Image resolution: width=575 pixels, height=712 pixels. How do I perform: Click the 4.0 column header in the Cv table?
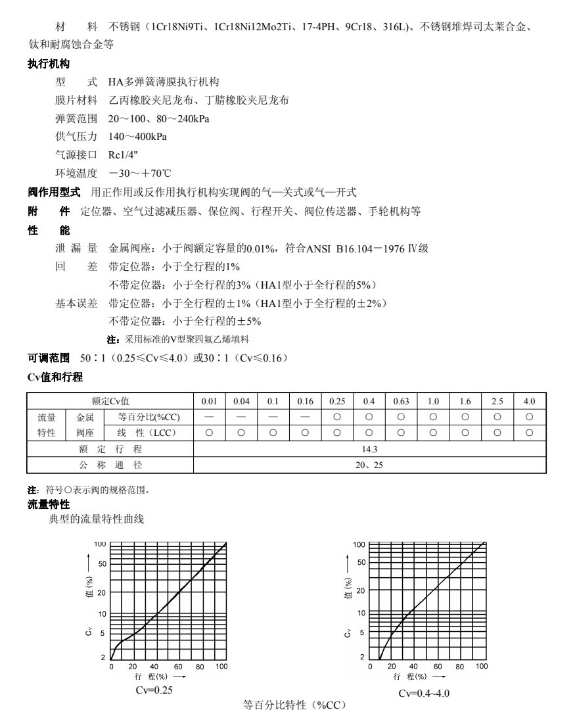[529, 401]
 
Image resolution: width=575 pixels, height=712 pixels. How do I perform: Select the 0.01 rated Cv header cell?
[209, 401]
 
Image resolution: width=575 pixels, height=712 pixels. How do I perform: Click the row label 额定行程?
[110, 450]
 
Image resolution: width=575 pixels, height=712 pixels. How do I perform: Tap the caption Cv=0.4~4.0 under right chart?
[424, 694]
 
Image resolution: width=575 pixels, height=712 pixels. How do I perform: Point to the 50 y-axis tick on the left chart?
[102, 564]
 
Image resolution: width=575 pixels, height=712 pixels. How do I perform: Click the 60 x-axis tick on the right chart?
[438, 666]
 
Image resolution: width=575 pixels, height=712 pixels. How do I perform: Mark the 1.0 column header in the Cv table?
[433, 401]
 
